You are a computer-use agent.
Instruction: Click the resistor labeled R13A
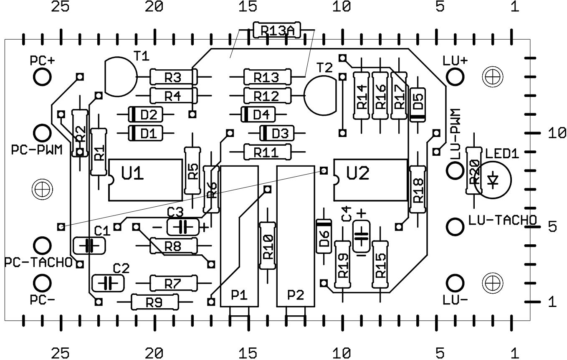click(x=277, y=30)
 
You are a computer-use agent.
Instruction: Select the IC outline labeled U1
click(x=146, y=180)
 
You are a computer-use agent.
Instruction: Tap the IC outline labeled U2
click(x=371, y=180)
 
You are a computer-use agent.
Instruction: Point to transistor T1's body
click(x=120, y=76)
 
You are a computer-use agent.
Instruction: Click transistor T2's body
click(x=321, y=96)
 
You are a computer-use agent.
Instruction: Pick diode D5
click(x=418, y=105)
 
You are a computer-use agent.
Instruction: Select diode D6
click(x=324, y=236)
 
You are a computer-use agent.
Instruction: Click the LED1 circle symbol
click(x=493, y=180)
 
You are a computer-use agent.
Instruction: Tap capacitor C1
click(x=89, y=246)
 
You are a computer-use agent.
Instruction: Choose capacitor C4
click(x=361, y=236)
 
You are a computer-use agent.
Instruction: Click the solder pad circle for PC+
click(x=42, y=77)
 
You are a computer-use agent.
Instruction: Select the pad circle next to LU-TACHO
click(x=455, y=227)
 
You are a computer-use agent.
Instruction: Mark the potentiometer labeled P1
click(x=240, y=236)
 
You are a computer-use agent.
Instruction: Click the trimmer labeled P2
click(x=296, y=236)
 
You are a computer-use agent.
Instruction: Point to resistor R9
click(x=154, y=302)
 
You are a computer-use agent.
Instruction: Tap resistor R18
click(x=418, y=189)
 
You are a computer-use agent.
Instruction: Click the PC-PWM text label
click(x=37, y=150)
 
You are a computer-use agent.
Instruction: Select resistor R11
click(x=267, y=152)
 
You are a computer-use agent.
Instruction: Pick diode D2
click(x=146, y=114)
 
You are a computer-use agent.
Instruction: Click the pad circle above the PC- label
click(x=42, y=283)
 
